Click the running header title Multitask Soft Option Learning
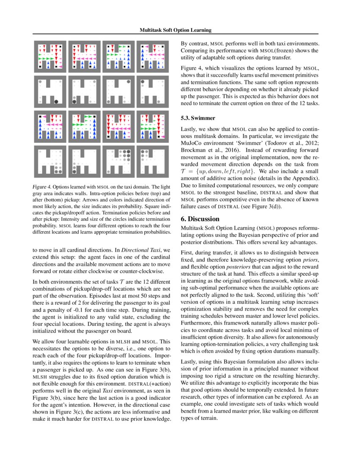tap(176, 30)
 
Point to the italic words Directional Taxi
tap(140, 250)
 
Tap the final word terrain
tap(208, 419)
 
